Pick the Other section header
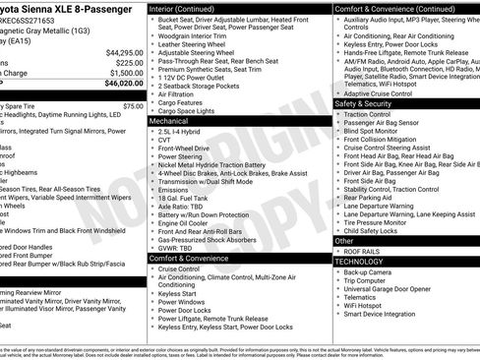pyautogui.click(x=344, y=240)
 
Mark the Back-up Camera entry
pyautogui.click(x=370, y=270)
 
